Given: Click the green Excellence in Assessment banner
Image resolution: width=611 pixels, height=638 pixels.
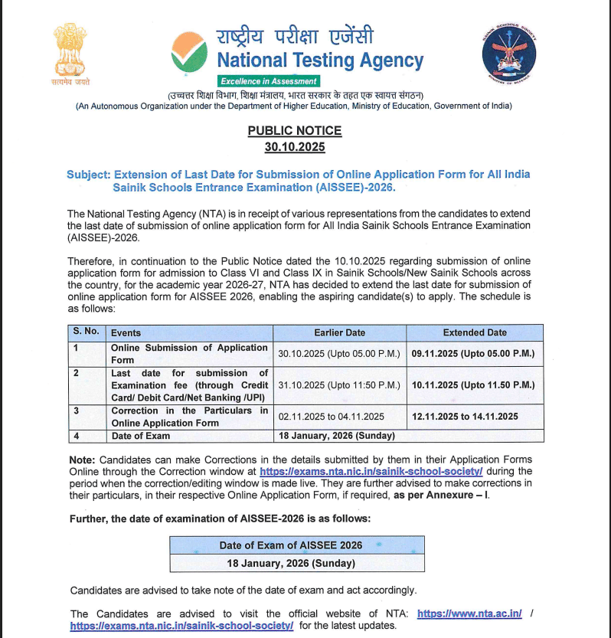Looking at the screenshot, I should point(268,81).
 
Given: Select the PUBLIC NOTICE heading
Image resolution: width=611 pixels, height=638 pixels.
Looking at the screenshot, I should point(295,131).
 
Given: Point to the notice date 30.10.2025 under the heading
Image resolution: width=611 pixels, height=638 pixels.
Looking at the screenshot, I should point(295,146).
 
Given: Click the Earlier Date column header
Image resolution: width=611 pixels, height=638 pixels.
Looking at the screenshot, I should point(339,332).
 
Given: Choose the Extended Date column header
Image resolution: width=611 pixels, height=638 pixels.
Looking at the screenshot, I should point(475,332).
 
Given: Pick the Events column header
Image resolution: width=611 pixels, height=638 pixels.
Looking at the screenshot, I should point(126,333).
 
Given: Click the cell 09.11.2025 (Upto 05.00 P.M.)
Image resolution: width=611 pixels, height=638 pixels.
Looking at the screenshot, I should point(472,354).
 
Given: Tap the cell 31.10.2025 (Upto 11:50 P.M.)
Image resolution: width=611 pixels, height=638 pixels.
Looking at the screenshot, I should point(339,384).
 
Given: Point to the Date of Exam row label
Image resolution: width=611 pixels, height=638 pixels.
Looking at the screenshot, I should point(141,436).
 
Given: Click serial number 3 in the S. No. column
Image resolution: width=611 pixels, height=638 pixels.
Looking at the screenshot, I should point(76,411).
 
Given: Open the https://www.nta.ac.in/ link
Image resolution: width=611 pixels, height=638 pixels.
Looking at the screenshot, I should point(469,613).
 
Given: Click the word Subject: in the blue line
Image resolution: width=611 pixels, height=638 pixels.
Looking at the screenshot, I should point(88,175).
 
